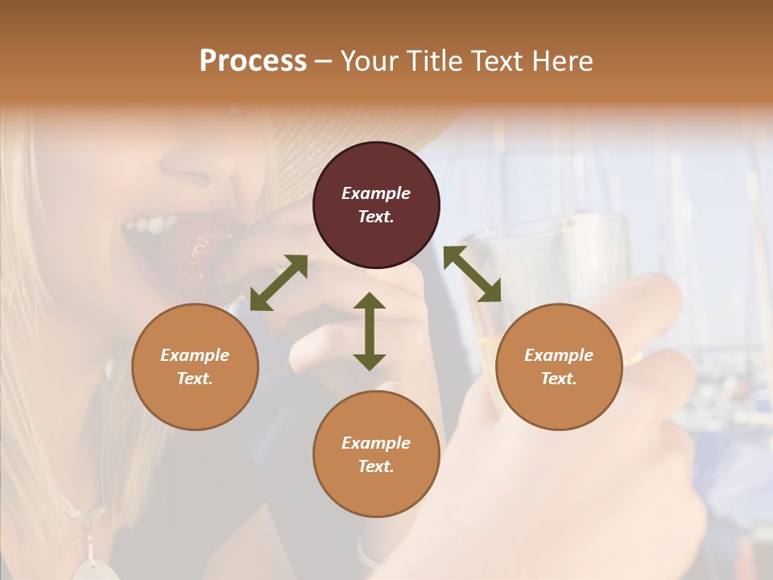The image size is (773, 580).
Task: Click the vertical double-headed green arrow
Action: click(x=370, y=331)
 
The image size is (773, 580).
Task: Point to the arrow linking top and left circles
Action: click(x=279, y=283)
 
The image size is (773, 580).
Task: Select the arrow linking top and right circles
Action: click(x=472, y=274)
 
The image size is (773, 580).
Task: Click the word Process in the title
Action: click(x=253, y=60)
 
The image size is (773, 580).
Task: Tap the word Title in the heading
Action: click(x=435, y=60)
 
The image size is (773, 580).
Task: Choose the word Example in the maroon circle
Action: click(x=376, y=193)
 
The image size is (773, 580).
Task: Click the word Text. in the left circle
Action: click(x=195, y=379)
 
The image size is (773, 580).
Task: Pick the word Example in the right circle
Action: click(x=559, y=355)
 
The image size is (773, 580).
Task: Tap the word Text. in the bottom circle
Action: click(x=376, y=466)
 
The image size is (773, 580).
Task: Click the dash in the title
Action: click(x=324, y=61)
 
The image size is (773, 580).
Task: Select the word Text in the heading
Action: click(x=498, y=60)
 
